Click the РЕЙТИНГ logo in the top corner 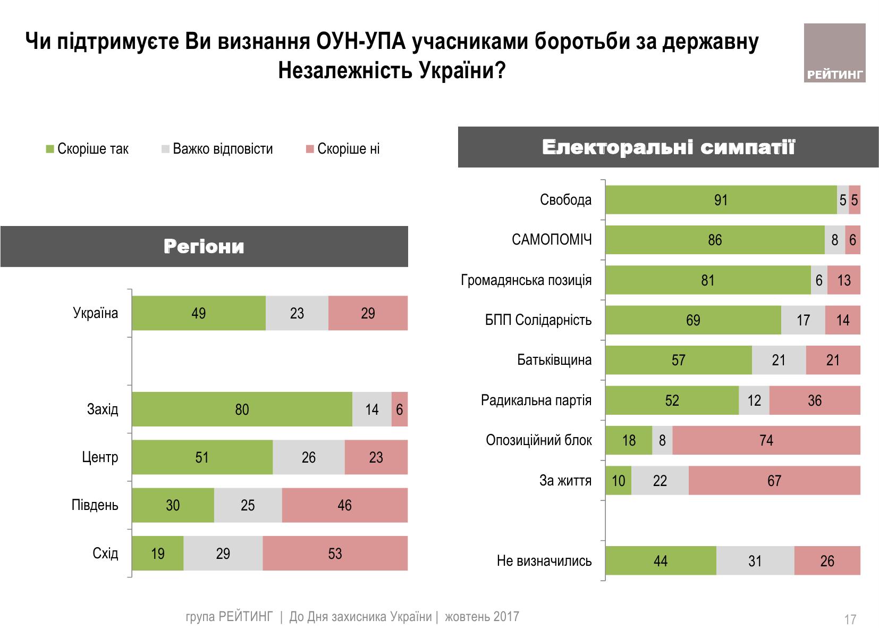(834, 53)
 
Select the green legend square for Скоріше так (49, 149)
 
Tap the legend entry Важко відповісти (222, 149)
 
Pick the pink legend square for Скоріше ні (309, 149)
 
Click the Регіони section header (204, 247)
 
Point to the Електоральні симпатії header (668, 147)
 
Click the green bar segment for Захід (242, 409)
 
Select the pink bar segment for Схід (335, 554)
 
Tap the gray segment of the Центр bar (308, 457)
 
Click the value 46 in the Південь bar (344, 505)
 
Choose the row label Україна (96, 313)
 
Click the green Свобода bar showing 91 (721, 200)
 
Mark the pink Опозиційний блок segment (766, 440)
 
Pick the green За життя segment (618, 481)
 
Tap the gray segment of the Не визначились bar (755, 561)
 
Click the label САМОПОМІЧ (552, 240)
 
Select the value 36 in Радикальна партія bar (815, 400)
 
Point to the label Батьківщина (554, 360)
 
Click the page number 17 (850, 619)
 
